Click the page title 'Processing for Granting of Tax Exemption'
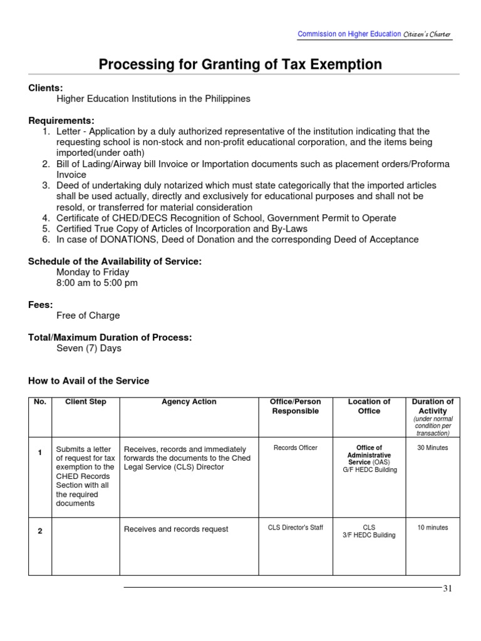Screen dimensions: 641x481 [x=240, y=64]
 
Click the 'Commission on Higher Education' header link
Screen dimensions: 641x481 [x=349, y=34]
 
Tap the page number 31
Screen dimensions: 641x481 [x=447, y=588]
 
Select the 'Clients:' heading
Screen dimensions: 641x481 [x=46, y=88]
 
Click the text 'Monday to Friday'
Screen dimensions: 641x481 [x=93, y=272]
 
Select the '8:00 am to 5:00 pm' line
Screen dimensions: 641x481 [x=97, y=283]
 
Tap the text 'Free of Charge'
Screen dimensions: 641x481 [x=88, y=315]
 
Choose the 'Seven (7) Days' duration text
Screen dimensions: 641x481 [x=89, y=348]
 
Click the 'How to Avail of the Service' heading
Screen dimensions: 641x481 [x=89, y=381]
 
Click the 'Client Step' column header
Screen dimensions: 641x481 [x=86, y=402]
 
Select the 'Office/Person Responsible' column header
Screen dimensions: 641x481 [x=295, y=406]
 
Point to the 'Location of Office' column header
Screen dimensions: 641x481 [x=369, y=406]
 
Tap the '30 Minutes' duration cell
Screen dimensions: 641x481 [x=432, y=448]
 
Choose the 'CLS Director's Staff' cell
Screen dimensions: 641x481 [x=295, y=528]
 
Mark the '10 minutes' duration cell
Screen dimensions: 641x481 [x=432, y=528]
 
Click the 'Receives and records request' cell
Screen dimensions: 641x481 [x=176, y=529]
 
